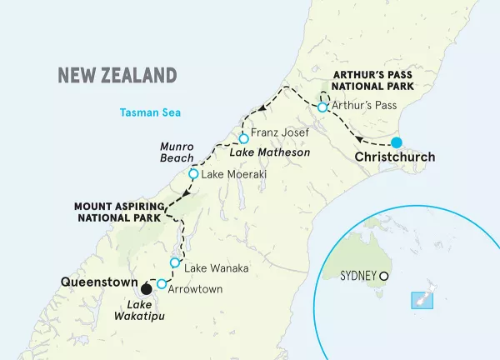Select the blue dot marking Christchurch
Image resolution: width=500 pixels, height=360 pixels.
(397, 142)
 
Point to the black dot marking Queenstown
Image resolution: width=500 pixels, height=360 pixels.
(147, 289)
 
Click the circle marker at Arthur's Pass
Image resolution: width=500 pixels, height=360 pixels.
(322, 107)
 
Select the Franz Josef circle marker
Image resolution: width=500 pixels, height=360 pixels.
(243, 138)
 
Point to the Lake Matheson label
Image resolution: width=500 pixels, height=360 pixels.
(269, 153)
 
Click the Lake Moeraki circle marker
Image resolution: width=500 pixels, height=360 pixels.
(194, 175)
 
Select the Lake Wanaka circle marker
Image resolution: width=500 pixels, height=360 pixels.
(175, 263)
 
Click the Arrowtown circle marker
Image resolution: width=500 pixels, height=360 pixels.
(162, 283)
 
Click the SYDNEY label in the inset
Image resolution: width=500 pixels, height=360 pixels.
(358, 275)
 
